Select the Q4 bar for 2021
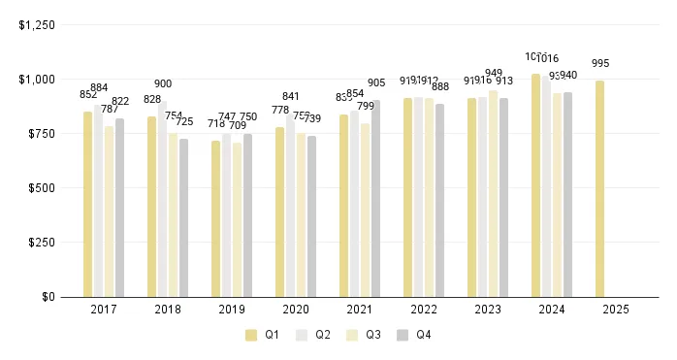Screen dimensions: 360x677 (x=375, y=198)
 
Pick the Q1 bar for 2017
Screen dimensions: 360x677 (x=88, y=204)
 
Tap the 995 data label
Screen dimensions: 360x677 (x=600, y=64)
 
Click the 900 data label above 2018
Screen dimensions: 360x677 (x=163, y=84)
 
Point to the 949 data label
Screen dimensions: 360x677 (x=493, y=74)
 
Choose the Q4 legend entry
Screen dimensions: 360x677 (x=416, y=335)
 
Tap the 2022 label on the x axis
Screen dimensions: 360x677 (x=423, y=310)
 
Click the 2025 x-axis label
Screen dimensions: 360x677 (x=615, y=310)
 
